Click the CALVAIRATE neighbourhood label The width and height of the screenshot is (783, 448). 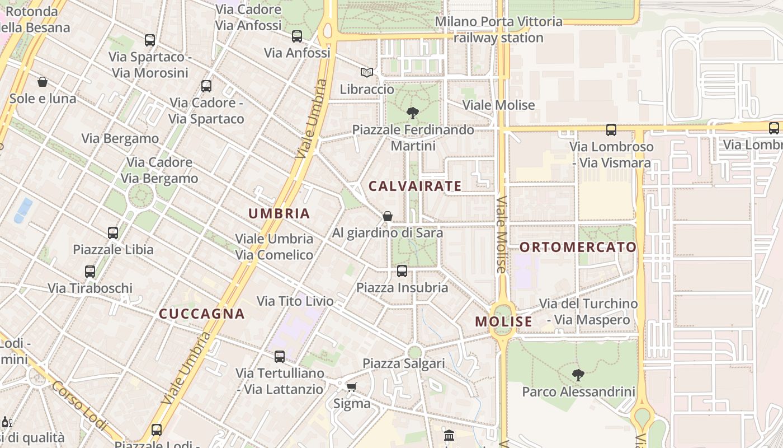(x=415, y=186)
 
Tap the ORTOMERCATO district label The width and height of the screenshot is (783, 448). (x=578, y=247)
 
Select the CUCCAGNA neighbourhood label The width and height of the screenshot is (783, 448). (x=202, y=314)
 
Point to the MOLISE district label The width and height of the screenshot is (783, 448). (x=503, y=321)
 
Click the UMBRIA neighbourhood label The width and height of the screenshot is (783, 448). (x=279, y=213)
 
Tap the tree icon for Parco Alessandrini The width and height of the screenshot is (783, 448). (x=578, y=375)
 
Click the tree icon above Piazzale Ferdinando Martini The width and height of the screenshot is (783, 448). (x=413, y=113)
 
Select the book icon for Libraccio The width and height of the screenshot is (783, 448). (x=367, y=73)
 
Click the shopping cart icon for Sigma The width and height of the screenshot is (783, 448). (x=352, y=387)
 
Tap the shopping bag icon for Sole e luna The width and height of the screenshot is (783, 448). (x=43, y=82)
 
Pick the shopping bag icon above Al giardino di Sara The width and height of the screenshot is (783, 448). (x=387, y=216)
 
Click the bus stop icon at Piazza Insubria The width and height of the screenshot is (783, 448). (x=402, y=271)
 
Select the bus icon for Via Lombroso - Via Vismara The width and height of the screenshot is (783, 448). (x=611, y=130)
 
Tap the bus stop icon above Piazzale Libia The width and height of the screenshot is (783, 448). (x=113, y=232)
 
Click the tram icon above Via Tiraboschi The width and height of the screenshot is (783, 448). (x=90, y=272)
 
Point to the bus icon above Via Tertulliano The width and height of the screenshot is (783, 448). (x=279, y=356)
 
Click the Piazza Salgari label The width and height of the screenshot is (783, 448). (x=404, y=363)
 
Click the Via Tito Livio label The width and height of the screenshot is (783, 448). (x=295, y=301)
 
